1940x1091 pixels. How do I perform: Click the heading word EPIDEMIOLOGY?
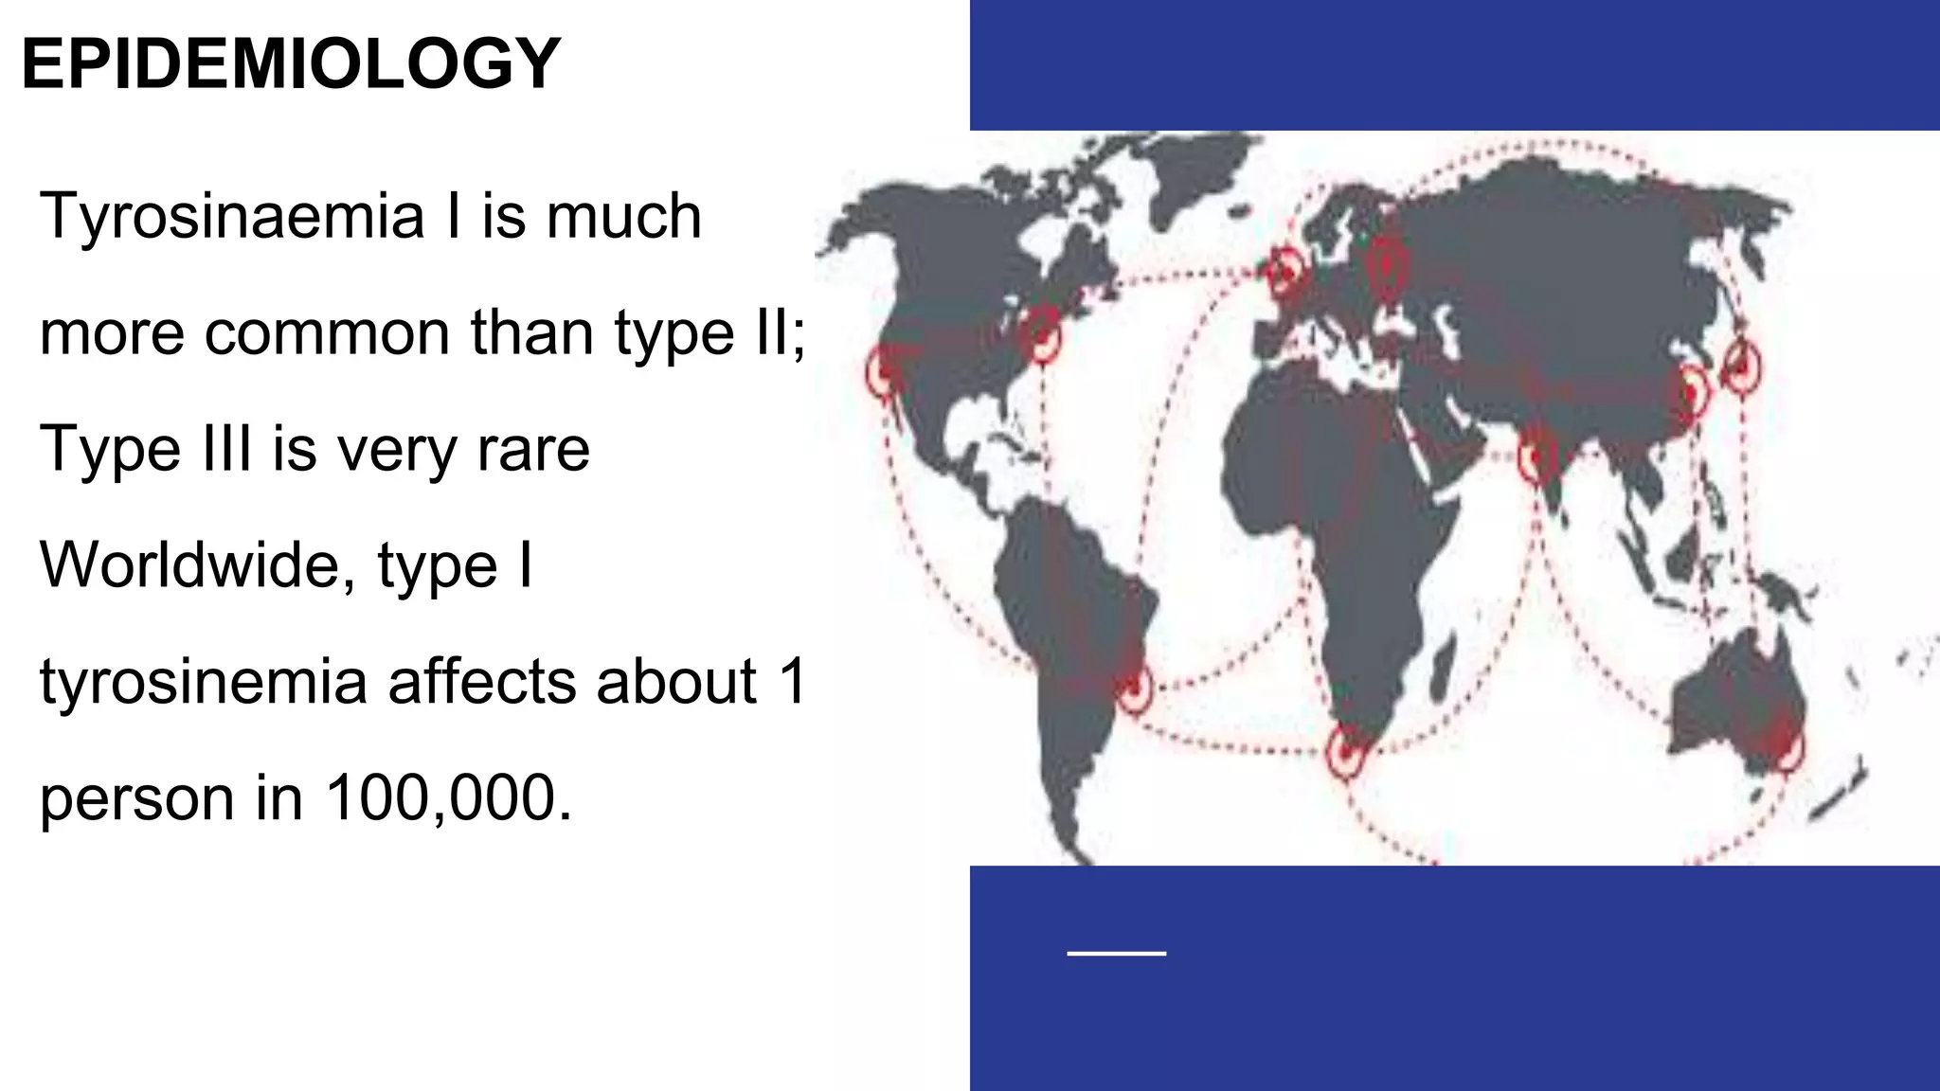coord(291,64)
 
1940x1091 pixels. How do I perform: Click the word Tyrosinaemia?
coord(232,216)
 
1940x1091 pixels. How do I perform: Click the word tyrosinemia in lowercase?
coord(204,682)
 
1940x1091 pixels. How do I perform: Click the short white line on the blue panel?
coord(1116,953)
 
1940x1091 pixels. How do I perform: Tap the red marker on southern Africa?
coord(1345,751)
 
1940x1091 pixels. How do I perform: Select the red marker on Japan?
coord(1741,366)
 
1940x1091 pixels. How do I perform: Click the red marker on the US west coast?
coord(884,373)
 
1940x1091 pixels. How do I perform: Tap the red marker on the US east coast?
coord(1043,332)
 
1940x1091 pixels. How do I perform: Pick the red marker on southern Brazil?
coord(1133,687)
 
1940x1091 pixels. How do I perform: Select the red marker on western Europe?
coord(1285,272)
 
